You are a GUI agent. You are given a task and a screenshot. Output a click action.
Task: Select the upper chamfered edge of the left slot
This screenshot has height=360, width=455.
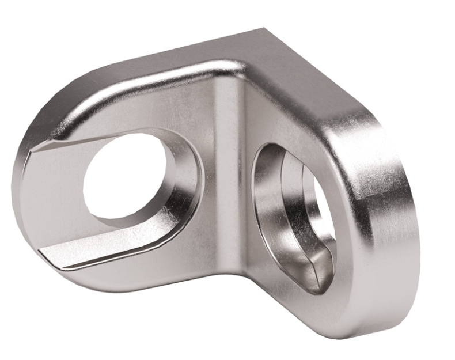click(x=104, y=134)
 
